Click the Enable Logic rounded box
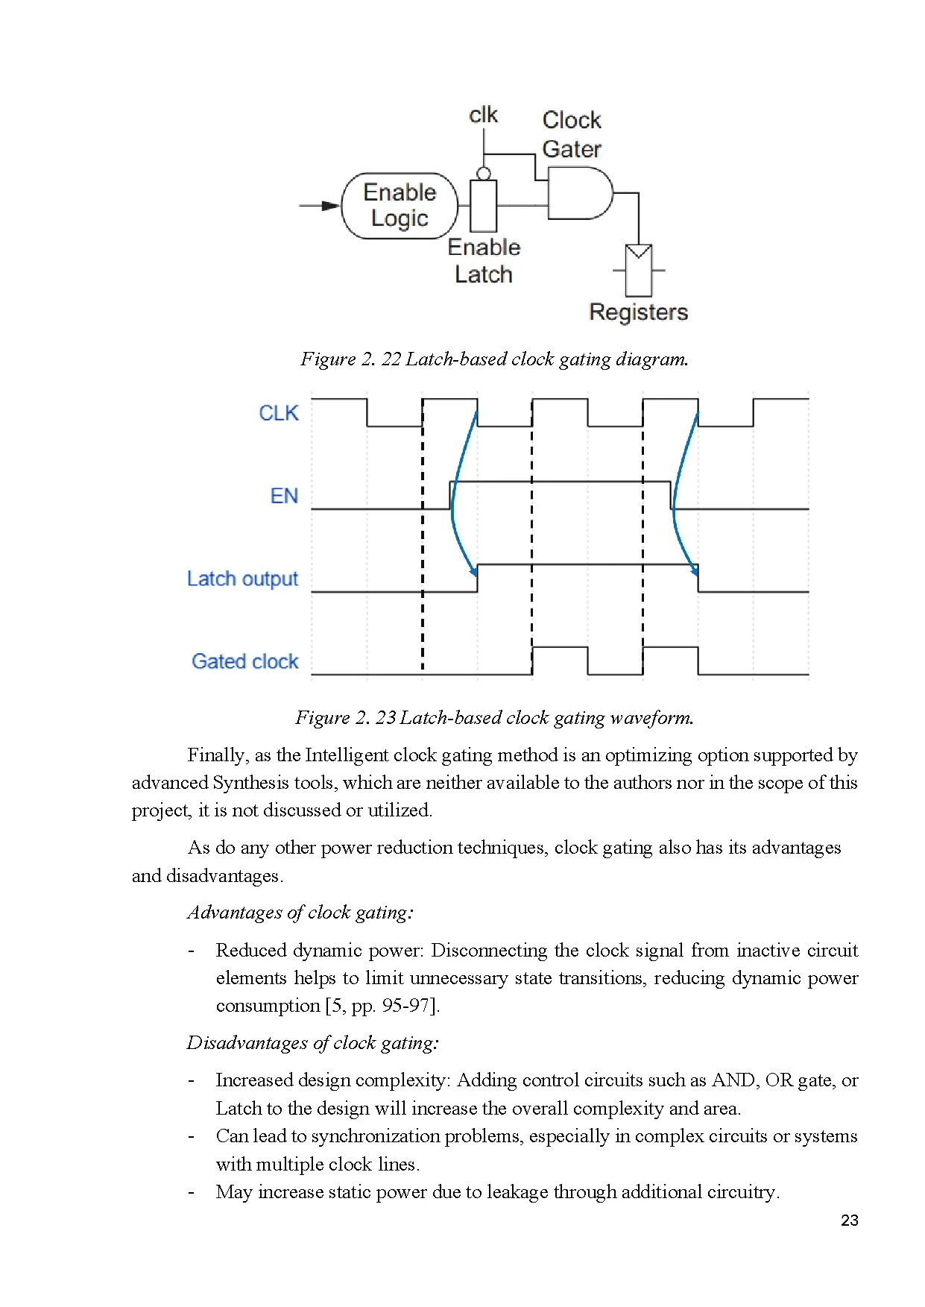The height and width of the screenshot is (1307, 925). [x=399, y=206]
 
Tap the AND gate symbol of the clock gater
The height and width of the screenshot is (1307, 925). [x=578, y=193]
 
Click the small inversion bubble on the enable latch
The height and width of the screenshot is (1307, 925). [x=484, y=174]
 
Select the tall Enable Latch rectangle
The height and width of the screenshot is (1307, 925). [x=484, y=206]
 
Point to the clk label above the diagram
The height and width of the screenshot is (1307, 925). [x=483, y=115]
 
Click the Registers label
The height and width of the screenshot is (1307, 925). [x=638, y=312]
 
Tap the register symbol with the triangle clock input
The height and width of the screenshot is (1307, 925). [x=639, y=270]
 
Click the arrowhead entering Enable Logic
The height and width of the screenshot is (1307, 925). [x=330, y=206]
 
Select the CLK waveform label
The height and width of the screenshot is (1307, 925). [x=278, y=413]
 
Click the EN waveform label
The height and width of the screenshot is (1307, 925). [x=283, y=496]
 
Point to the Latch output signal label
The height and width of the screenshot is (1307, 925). [x=242, y=579]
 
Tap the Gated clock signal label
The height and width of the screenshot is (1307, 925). [x=244, y=661]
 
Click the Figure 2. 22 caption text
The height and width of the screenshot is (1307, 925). [x=494, y=359]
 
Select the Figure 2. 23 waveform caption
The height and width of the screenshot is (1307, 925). [x=494, y=718]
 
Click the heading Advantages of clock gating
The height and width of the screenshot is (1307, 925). [x=300, y=913]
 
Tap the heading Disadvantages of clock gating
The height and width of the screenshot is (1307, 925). [x=312, y=1042]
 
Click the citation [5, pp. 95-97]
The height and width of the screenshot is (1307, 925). [x=382, y=1006]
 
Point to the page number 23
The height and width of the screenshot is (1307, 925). [x=849, y=1221]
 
